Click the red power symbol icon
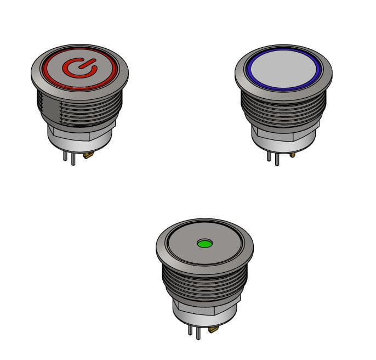click(x=79, y=67)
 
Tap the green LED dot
click(x=204, y=243)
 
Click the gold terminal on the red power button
click(x=88, y=156)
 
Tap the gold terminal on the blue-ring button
click(x=292, y=155)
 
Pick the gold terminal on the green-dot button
click(x=213, y=329)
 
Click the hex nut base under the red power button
click(x=79, y=137)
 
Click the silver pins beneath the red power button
click(x=69, y=157)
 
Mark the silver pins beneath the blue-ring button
click(x=273, y=157)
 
